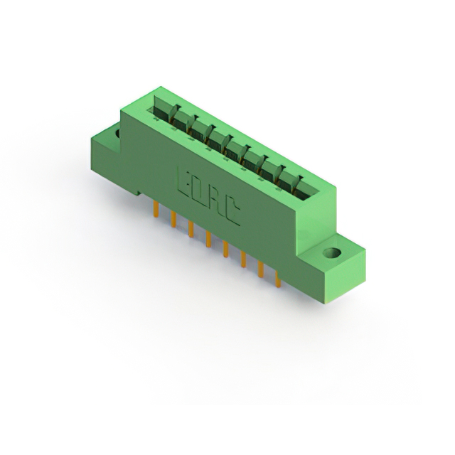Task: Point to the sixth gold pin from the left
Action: [x=242, y=259]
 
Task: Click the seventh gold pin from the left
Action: [x=260, y=270]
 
